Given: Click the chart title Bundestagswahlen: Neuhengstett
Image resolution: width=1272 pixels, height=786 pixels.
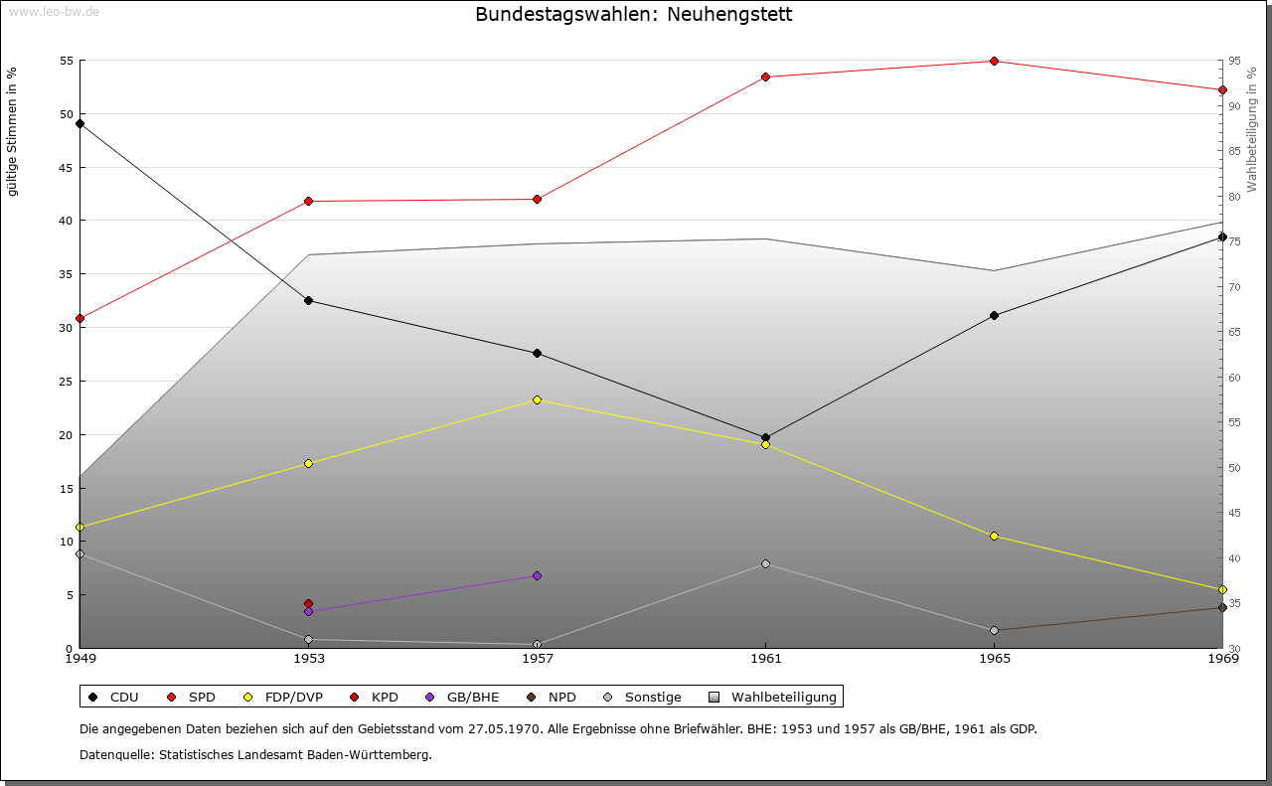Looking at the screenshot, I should pyautogui.click(x=634, y=15).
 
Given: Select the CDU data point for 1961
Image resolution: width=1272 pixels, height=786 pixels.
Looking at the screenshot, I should pyautogui.click(x=765, y=437).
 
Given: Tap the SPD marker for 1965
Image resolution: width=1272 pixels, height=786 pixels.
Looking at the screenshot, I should pyautogui.click(x=994, y=61).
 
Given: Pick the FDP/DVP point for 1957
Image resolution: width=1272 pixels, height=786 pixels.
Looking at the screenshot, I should pyautogui.click(x=537, y=399).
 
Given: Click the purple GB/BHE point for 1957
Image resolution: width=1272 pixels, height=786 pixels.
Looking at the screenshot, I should pyautogui.click(x=537, y=575).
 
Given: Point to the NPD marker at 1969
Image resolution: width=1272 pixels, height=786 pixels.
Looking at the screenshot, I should pyautogui.click(x=1222, y=607).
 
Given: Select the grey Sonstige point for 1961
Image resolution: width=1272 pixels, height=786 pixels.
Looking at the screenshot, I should pyautogui.click(x=765, y=563).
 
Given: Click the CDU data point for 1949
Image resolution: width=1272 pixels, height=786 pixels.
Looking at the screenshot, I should pyautogui.click(x=79, y=123).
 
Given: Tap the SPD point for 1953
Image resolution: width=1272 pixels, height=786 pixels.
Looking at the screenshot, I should pyautogui.click(x=308, y=201).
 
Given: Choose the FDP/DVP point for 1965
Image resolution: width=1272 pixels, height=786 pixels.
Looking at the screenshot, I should pyautogui.click(x=994, y=536).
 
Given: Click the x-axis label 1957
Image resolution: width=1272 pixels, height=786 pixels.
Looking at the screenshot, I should pyautogui.click(x=537, y=658).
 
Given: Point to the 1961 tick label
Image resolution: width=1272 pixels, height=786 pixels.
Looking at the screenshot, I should pyautogui.click(x=765, y=658).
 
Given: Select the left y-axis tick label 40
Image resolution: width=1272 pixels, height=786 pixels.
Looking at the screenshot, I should pyautogui.click(x=66, y=221).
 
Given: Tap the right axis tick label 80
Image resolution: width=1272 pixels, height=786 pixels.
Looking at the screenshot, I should pyautogui.click(x=1235, y=197).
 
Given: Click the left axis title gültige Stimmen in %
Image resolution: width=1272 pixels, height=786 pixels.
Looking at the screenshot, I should pyautogui.click(x=12, y=131).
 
